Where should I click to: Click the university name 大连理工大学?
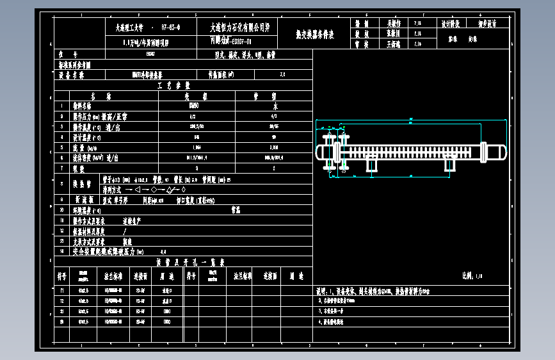tap(127, 28)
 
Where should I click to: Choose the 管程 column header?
tap(274, 95)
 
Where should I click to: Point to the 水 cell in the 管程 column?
tap(275, 106)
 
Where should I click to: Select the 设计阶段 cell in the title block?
tap(451, 23)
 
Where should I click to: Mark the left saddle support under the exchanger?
tap(371, 165)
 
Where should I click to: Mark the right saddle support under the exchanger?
tap(450, 165)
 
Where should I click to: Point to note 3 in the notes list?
tap(332, 311)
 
